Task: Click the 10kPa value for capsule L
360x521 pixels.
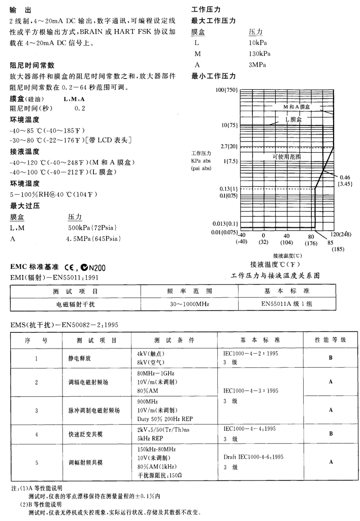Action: pos(258,43)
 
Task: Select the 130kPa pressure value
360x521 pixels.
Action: pos(259,54)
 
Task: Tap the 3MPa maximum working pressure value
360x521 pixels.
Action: pos(257,64)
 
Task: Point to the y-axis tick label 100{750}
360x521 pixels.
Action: pos(226,90)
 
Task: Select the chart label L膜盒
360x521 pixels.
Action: pos(293,119)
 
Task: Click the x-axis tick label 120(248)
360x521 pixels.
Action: pos(341,234)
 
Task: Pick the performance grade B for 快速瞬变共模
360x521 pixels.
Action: pos(331,434)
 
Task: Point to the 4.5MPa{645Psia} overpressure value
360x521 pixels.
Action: pos(95,238)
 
